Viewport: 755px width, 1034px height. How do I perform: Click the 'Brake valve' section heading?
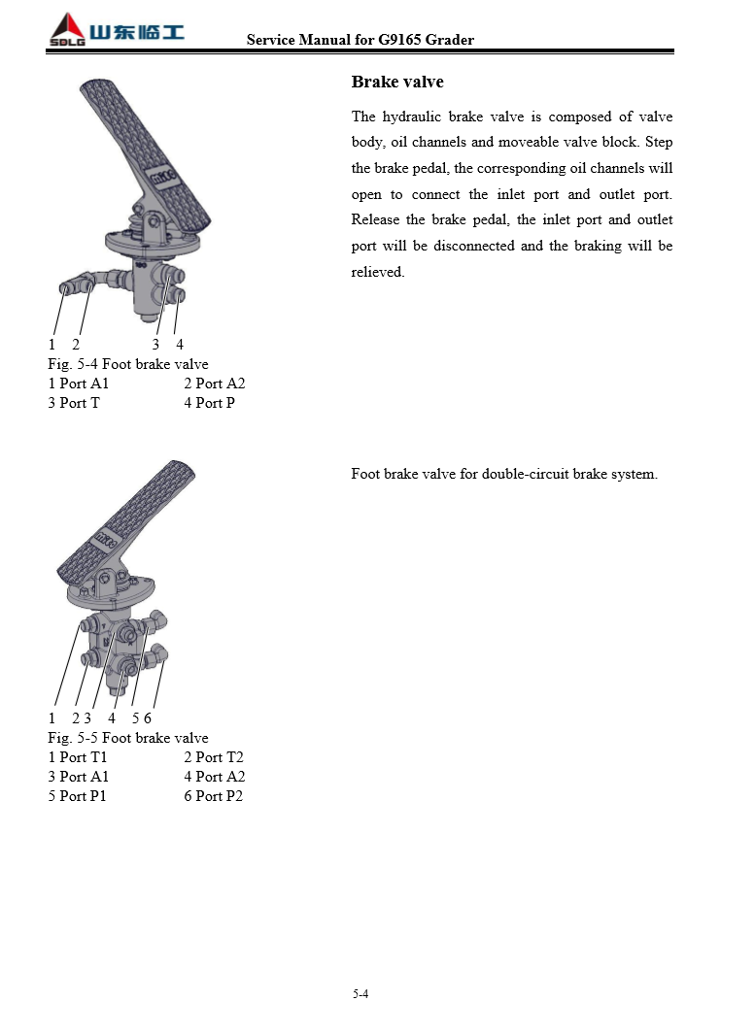tap(397, 83)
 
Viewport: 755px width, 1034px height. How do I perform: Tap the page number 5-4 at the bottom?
tap(360, 993)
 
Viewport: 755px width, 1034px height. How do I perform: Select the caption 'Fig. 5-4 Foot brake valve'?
tap(128, 364)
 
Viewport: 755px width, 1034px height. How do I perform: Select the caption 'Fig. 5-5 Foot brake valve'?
tap(128, 738)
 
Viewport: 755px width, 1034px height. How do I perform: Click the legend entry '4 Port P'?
tap(209, 403)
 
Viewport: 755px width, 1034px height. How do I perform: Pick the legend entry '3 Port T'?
tap(74, 403)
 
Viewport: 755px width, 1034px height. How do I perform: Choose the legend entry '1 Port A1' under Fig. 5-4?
tap(79, 384)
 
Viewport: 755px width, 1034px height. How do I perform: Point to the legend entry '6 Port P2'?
tap(213, 796)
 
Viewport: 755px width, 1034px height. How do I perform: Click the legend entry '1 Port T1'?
tap(78, 757)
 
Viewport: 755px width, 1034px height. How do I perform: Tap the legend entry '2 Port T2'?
tap(213, 757)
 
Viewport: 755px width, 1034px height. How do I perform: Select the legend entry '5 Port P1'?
tap(78, 796)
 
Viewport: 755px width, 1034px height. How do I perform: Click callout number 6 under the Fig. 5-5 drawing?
tap(148, 718)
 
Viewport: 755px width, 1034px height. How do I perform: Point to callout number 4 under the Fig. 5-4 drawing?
tap(180, 345)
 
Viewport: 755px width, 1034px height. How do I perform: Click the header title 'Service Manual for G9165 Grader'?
tap(360, 40)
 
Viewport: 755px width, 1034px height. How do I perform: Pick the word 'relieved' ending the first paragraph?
tap(377, 273)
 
